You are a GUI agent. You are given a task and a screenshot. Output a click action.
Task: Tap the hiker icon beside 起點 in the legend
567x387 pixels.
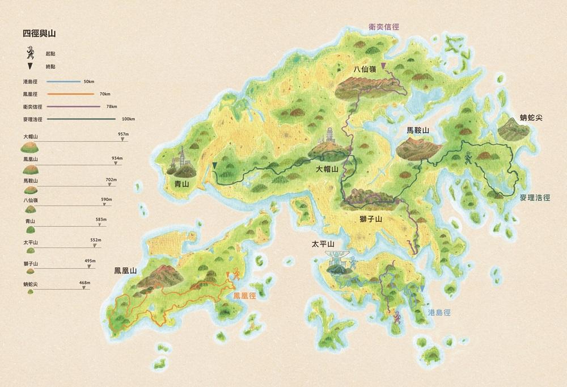coord(30,53)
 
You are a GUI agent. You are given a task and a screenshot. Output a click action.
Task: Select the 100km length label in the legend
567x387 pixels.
coord(128,119)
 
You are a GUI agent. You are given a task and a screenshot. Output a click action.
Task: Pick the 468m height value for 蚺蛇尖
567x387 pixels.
coord(85,283)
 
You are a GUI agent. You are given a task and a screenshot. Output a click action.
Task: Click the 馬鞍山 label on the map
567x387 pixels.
coord(418,131)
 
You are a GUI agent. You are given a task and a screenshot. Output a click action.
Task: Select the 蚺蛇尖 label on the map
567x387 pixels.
coord(532,118)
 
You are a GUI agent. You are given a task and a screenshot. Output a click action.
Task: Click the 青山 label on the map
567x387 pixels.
coord(181,183)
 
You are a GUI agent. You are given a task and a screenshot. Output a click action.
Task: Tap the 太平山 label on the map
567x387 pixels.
coord(323,245)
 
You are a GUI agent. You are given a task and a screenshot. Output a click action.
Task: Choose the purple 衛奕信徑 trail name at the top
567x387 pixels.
coord(384,26)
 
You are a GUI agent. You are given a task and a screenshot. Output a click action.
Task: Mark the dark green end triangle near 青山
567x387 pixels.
coord(215,165)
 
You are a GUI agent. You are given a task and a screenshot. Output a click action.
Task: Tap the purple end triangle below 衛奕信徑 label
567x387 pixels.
coord(384,66)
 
